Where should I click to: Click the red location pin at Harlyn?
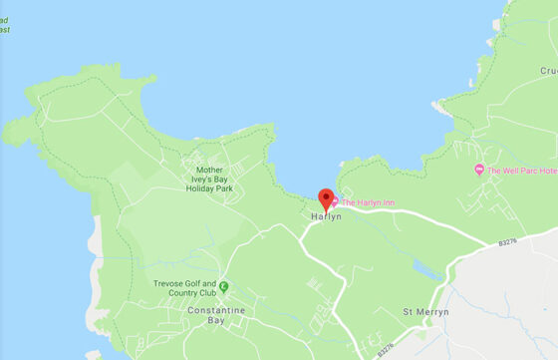326,196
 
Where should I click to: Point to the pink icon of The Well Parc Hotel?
479,170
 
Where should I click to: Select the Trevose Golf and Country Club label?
184,287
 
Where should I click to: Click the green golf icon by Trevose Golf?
224,287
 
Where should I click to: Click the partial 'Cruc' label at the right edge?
547,71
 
